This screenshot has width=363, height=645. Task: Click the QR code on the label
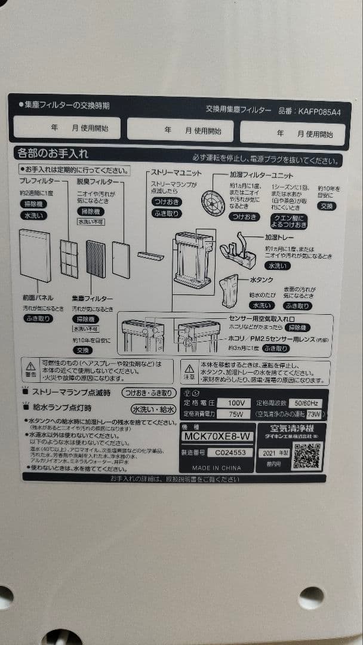(306, 456)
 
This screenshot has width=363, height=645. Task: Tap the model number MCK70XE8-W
(217, 436)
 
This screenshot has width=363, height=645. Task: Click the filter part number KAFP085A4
(320, 110)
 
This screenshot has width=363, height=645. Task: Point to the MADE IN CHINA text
(217, 467)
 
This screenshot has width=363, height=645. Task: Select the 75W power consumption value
(231, 414)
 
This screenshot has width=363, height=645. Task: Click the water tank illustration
(229, 290)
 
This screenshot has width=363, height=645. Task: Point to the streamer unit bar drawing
(150, 256)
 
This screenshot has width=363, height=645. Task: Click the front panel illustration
(35, 256)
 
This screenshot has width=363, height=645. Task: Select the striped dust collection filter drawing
(96, 259)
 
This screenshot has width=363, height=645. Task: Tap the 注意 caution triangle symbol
(189, 369)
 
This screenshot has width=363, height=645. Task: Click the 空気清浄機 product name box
(291, 429)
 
